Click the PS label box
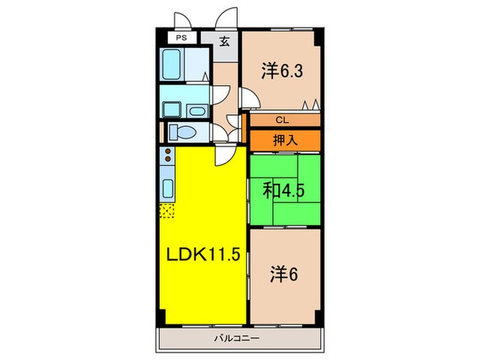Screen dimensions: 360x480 click(182, 38)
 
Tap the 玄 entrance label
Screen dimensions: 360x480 click(224, 40)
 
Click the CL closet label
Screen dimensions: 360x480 click(281, 120)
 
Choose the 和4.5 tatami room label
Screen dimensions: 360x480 click(283, 189)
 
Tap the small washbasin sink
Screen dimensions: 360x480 click(197, 110)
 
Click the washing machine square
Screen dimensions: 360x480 click(170, 109)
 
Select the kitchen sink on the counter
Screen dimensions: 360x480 click(167, 189)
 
